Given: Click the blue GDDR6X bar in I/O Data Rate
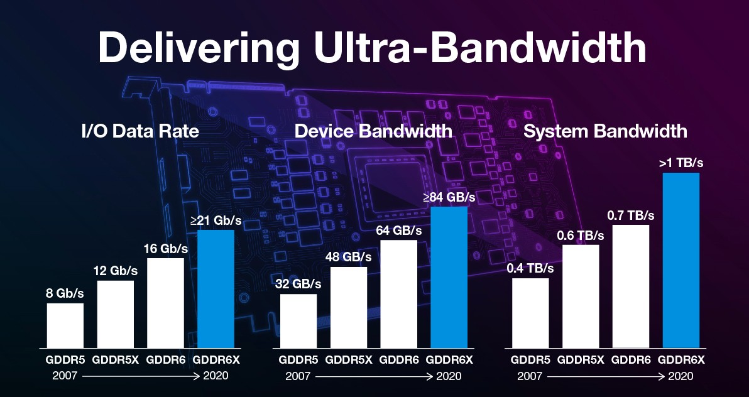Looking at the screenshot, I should click(216, 289).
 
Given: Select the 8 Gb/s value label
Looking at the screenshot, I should click(65, 293).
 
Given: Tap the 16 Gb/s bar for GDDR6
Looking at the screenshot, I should click(165, 303).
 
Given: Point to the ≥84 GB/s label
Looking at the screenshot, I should click(449, 197).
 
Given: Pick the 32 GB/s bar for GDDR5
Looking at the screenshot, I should click(298, 321).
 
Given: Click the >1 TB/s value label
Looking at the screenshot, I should click(681, 163).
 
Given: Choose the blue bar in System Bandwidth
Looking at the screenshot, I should click(681, 260).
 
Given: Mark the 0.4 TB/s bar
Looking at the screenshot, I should click(530, 313).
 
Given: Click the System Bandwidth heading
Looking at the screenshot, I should click(605, 131).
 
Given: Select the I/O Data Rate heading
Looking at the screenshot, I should click(140, 131).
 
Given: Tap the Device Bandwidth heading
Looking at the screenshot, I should click(373, 131).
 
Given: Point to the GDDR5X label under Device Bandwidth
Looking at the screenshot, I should click(348, 361).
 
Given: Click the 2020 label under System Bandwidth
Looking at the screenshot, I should click(681, 376).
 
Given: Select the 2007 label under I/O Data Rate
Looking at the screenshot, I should click(65, 376).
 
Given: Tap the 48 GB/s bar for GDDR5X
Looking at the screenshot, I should click(348, 307).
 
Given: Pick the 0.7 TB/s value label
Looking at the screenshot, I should click(631, 215).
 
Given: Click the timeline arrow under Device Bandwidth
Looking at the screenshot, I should click(373, 377).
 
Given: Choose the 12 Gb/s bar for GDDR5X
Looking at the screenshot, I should click(115, 314).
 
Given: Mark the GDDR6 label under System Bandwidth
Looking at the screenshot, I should click(631, 361).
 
